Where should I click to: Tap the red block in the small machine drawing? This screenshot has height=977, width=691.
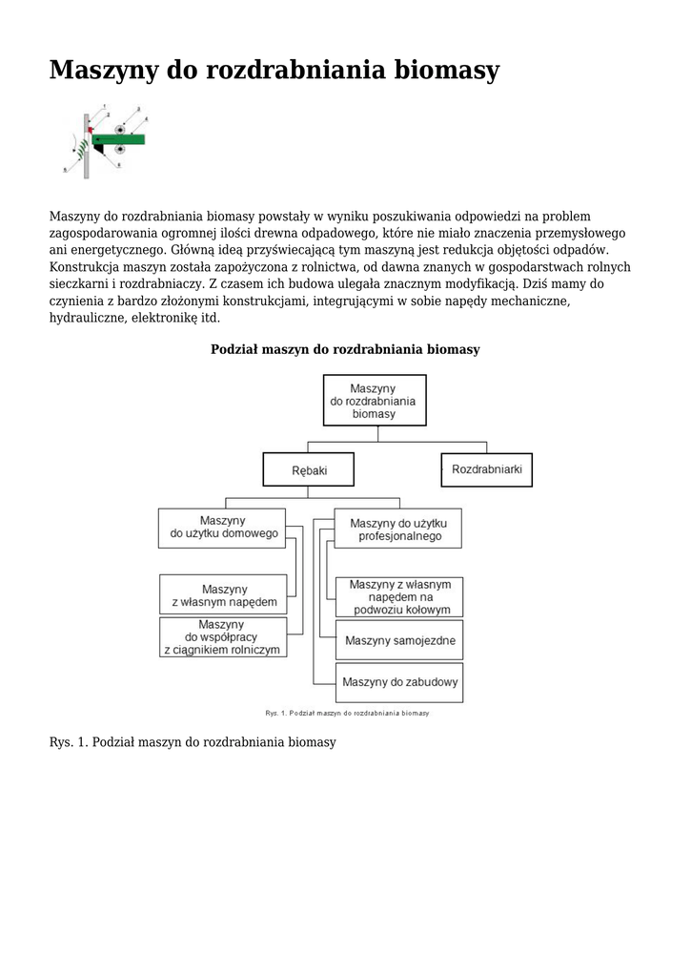(90, 129)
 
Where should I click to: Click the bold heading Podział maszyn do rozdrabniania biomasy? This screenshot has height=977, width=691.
(345, 349)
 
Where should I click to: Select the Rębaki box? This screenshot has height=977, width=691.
(308, 469)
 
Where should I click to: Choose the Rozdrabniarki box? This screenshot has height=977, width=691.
(486, 468)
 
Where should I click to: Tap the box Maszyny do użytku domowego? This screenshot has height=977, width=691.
(223, 528)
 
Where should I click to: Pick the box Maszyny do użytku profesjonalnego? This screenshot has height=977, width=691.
(398, 529)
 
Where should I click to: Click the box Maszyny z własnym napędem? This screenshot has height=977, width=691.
(223, 594)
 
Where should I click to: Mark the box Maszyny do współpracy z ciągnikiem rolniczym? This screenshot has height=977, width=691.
(223, 636)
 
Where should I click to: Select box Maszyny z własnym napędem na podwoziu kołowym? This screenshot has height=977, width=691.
(398, 596)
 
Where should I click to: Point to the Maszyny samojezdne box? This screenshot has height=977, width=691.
(398, 639)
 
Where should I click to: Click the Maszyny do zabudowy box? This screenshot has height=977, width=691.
(398, 682)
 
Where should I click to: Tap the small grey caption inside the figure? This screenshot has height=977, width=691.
(346, 713)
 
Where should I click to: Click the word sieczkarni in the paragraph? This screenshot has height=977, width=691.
(78, 284)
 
